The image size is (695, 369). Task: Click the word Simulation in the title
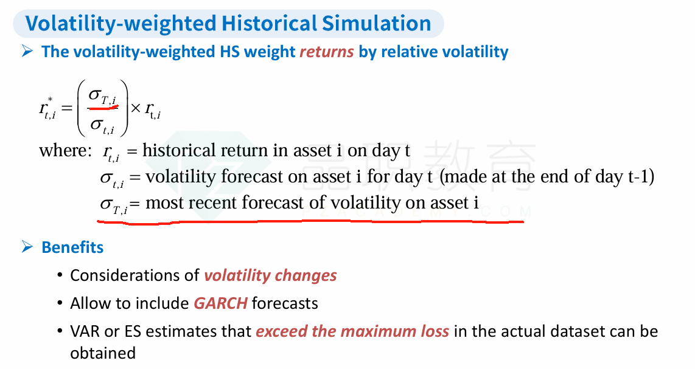pyautogui.click(x=376, y=23)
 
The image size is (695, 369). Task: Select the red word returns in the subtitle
pyautogui.click(x=327, y=52)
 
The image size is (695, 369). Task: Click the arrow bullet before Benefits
pyautogui.click(x=27, y=247)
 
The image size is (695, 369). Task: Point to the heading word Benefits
pyautogui.click(x=72, y=247)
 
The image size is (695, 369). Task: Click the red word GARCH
pyautogui.click(x=221, y=303)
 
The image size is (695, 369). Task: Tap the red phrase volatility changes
pyautogui.click(x=270, y=275)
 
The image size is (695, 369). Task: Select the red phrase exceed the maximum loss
pyautogui.click(x=352, y=331)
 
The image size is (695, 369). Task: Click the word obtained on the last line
pyautogui.click(x=103, y=353)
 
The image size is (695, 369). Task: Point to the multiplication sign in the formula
pyautogui.click(x=136, y=108)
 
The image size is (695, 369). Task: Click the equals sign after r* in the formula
pyautogui.click(x=67, y=108)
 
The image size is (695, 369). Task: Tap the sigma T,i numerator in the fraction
pyautogui.click(x=102, y=95)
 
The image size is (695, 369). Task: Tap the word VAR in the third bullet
pyautogui.click(x=85, y=331)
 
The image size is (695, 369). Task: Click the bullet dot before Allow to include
pyautogui.click(x=60, y=303)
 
